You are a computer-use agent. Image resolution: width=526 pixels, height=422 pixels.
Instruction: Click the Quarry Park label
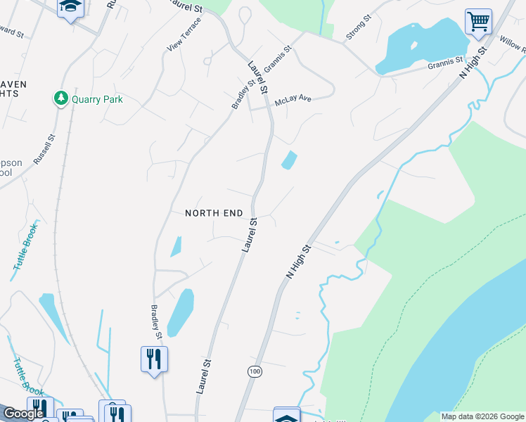pos(97,99)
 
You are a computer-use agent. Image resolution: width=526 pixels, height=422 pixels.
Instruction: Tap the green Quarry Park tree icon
pos(62,98)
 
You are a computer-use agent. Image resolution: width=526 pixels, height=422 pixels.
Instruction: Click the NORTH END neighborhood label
pos(214,213)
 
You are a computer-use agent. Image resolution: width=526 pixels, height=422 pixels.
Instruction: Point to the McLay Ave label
pos(293,101)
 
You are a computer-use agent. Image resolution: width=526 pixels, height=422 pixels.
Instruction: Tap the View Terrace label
pos(184,34)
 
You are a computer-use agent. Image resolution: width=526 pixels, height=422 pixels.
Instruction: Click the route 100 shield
pos(254,371)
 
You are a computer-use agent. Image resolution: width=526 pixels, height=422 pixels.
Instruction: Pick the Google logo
pos(23,414)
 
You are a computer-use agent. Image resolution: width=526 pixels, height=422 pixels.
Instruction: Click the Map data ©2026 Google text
pos(482,417)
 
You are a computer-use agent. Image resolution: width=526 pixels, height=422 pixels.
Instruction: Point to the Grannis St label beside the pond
pos(446,65)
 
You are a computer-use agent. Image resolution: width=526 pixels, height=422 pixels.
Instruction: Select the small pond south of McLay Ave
pos(289,160)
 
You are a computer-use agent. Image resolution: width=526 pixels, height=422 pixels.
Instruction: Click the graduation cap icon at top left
pos(70,8)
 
